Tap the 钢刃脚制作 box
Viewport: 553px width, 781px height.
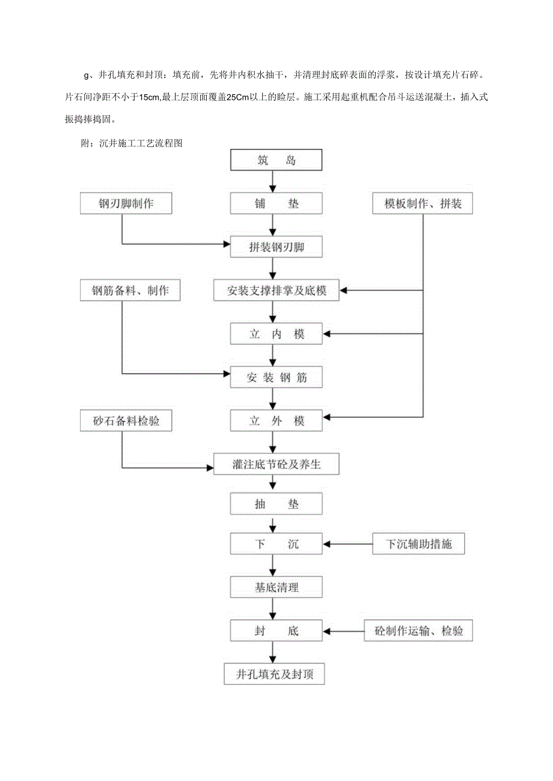pos(126,204)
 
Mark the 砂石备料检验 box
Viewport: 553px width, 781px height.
pos(126,421)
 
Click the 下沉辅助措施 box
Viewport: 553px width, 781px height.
pos(419,544)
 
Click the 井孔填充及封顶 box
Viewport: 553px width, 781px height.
pos(274,674)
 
